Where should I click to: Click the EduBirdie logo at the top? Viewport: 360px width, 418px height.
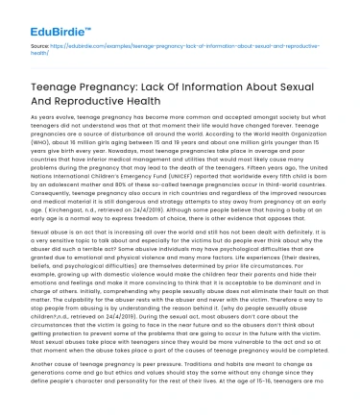tap(44, 13)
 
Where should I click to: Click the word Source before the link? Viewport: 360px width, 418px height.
tap(39, 45)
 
